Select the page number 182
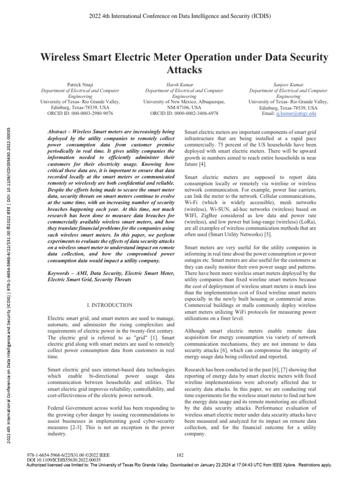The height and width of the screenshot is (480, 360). tap(180, 454)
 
